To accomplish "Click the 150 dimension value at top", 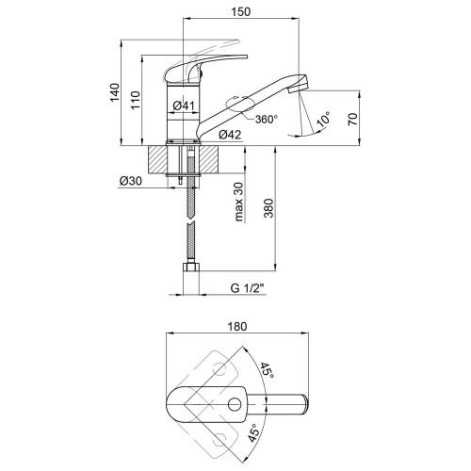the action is point(241,11).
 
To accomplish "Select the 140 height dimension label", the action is point(115,92).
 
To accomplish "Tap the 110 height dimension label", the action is point(136,100).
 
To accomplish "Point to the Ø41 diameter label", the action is point(184,106).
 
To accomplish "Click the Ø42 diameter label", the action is point(230,135).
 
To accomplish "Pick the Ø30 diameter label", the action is point(131,181).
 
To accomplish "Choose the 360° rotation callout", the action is point(267,120).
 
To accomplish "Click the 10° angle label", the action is point(324,119).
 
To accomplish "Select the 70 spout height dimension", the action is point(353,120).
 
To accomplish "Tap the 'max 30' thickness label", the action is point(239,202).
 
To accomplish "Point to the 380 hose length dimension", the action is point(268,208).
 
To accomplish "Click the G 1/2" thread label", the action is point(248,288).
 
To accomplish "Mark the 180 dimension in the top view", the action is point(237,327).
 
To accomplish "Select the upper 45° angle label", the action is point(267,370).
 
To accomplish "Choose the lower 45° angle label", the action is point(255,432).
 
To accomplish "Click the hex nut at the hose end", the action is point(190,268).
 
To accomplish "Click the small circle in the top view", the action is point(234,404).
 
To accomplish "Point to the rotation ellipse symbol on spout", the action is point(240,104).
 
